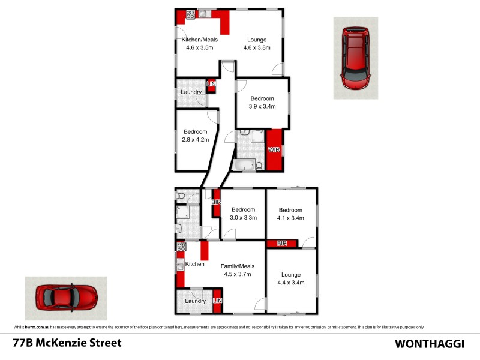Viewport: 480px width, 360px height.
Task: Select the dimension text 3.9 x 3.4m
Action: (262, 107)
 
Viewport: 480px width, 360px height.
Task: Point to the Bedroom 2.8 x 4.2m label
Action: (195, 136)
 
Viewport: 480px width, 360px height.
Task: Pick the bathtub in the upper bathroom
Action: (243, 164)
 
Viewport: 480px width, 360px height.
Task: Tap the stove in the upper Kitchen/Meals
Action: (191, 14)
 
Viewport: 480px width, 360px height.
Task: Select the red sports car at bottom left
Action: (66, 296)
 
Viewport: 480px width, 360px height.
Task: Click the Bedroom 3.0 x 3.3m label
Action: (243, 214)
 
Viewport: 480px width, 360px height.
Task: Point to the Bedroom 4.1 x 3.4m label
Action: (290, 214)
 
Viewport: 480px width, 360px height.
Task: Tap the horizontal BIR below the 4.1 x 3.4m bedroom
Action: (282, 243)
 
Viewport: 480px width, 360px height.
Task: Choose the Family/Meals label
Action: (238, 270)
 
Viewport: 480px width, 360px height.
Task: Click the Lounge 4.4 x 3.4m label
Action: (290, 278)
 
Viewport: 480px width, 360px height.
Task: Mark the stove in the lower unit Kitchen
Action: (181, 247)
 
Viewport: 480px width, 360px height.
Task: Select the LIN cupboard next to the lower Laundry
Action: (217, 301)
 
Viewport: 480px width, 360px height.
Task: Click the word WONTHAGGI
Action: (428, 344)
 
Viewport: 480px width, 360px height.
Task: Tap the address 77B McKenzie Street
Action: (67, 343)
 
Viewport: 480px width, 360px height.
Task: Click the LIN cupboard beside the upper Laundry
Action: (211, 85)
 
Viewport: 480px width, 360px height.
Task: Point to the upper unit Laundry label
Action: (191, 92)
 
